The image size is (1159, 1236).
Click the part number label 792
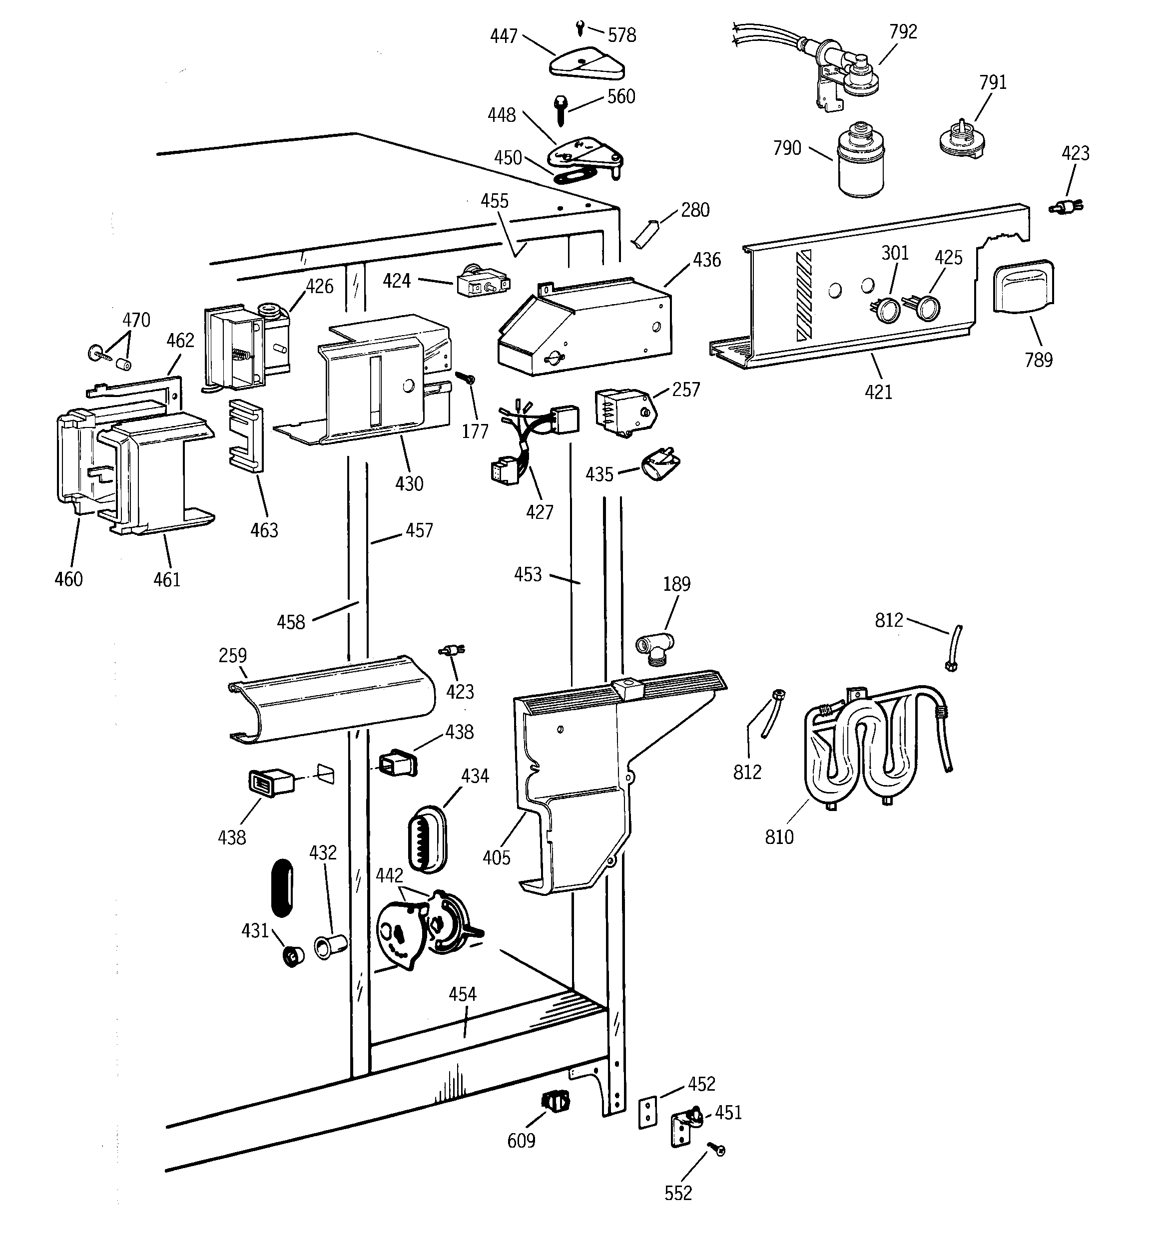click(x=903, y=31)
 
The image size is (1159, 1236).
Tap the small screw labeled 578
click(x=580, y=28)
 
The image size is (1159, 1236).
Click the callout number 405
click(x=496, y=858)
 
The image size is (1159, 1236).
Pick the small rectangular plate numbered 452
click(x=647, y=1112)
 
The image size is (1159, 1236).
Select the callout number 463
click(x=264, y=530)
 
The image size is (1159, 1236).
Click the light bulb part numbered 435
click(x=660, y=465)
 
